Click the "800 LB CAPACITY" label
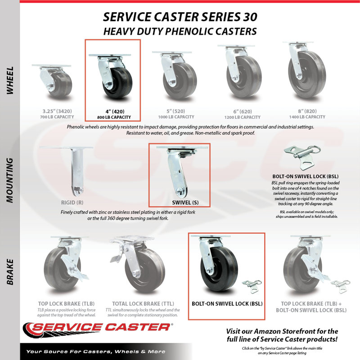tap(114, 117)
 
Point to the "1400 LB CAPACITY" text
tap(307, 117)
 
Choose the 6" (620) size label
tap(243, 112)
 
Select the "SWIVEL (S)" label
tap(185, 202)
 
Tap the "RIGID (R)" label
tap(72, 202)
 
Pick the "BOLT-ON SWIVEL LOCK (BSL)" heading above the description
tap(306, 176)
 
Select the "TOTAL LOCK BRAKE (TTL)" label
tap(143, 304)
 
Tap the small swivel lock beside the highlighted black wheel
tap(252, 286)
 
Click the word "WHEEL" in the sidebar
tap(10, 81)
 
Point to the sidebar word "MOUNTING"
tap(10, 180)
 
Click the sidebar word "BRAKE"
tap(10, 272)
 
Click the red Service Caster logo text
tap(101, 327)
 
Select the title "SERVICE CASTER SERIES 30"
tap(180, 17)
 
